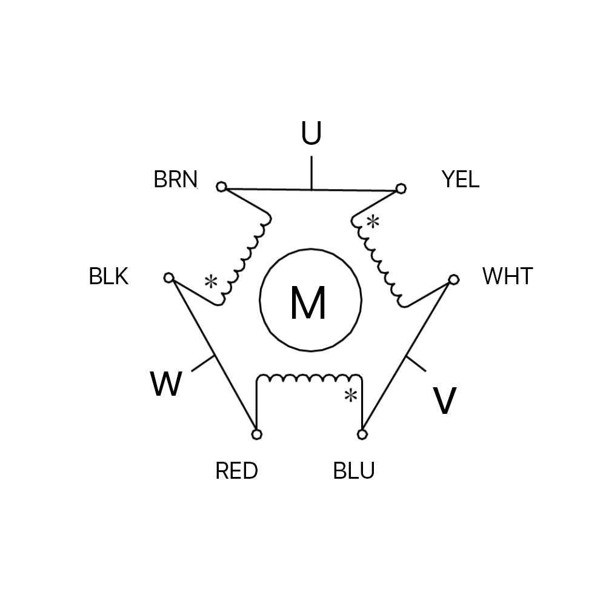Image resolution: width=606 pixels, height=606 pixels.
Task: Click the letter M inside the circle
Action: pos(308,303)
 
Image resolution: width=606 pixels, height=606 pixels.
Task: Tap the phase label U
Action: pos(311,134)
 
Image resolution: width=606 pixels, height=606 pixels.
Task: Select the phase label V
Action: pos(444,401)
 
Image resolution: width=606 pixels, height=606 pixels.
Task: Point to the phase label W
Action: pos(165,384)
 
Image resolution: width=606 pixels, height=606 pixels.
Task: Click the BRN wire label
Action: pos(175,179)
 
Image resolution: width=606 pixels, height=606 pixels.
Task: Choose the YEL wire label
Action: pos(460,179)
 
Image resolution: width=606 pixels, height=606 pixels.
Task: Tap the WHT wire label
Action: pos(507,276)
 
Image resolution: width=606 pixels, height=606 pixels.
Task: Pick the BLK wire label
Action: pos(108,276)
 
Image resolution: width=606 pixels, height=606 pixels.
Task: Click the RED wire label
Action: pos(236,471)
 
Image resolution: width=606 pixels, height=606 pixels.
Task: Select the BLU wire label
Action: pos(354,471)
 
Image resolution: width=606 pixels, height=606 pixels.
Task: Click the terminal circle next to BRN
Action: pos(221,187)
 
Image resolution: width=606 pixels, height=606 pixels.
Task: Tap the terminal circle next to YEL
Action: pos(400,189)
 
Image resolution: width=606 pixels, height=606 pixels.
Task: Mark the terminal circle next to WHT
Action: pos(453,279)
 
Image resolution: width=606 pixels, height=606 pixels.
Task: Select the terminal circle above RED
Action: pos(256,435)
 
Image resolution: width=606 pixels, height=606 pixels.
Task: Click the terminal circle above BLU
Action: pos(362,435)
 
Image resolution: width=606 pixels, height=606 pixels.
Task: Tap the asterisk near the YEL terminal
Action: pos(373,222)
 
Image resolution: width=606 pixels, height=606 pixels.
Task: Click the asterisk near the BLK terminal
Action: pos(210,282)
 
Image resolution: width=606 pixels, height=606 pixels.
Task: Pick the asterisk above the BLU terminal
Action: pos(350,396)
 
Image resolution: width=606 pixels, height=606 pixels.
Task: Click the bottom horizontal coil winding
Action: pos(309,379)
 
